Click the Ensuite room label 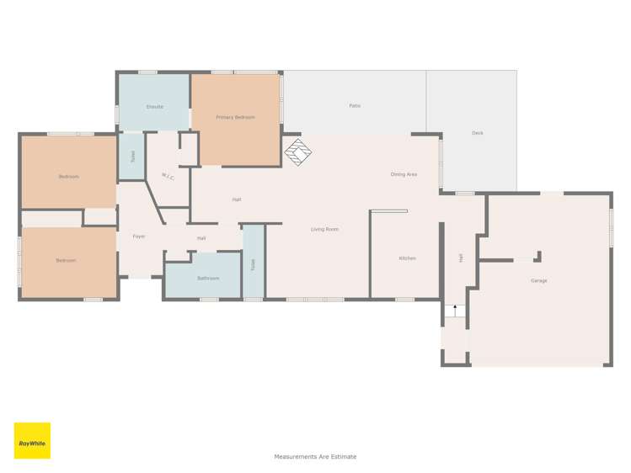pyautogui.click(x=155, y=107)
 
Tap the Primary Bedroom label pyautogui.click(x=235, y=117)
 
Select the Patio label pyautogui.click(x=355, y=106)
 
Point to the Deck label pyautogui.click(x=478, y=133)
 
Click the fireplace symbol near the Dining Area pyautogui.click(x=298, y=151)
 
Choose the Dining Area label pyautogui.click(x=404, y=174)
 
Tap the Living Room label pyautogui.click(x=324, y=230)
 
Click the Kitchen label pyautogui.click(x=407, y=258)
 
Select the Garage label pyautogui.click(x=539, y=281)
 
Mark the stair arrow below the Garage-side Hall pyautogui.click(x=455, y=311)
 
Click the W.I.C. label pyautogui.click(x=168, y=177)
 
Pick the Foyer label pyautogui.click(x=139, y=236)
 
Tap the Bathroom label pyautogui.click(x=208, y=279)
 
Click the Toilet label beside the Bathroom pyautogui.click(x=253, y=264)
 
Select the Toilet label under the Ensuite pyautogui.click(x=133, y=157)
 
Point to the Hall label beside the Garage pyautogui.click(x=461, y=258)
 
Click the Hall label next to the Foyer pyautogui.click(x=201, y=239)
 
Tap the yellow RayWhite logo pyautogui.click(x=32, y=440)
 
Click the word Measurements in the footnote pyautogui.click(x=297, y=456)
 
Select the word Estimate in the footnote pyautogui.click(x=344, y=456)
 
